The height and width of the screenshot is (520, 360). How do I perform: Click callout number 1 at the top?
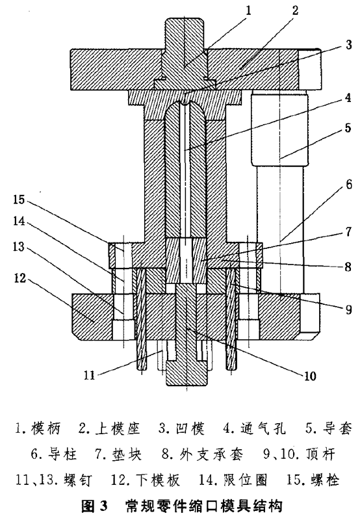[248, 10]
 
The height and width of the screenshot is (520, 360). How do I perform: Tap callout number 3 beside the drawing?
[348, 45]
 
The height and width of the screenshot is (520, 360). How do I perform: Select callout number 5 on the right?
[348, 127]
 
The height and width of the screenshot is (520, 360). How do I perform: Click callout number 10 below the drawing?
[310, 376]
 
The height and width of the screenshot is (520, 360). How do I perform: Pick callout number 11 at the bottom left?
[89, 375]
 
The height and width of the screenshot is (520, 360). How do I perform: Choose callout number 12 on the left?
[20, 278]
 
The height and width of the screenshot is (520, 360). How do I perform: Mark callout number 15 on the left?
[19, 200]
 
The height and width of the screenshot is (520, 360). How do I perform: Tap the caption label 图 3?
[95, 506]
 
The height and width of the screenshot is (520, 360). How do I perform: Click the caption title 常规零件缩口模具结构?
[203, 506]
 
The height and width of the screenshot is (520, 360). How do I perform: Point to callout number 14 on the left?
[19, 221]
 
